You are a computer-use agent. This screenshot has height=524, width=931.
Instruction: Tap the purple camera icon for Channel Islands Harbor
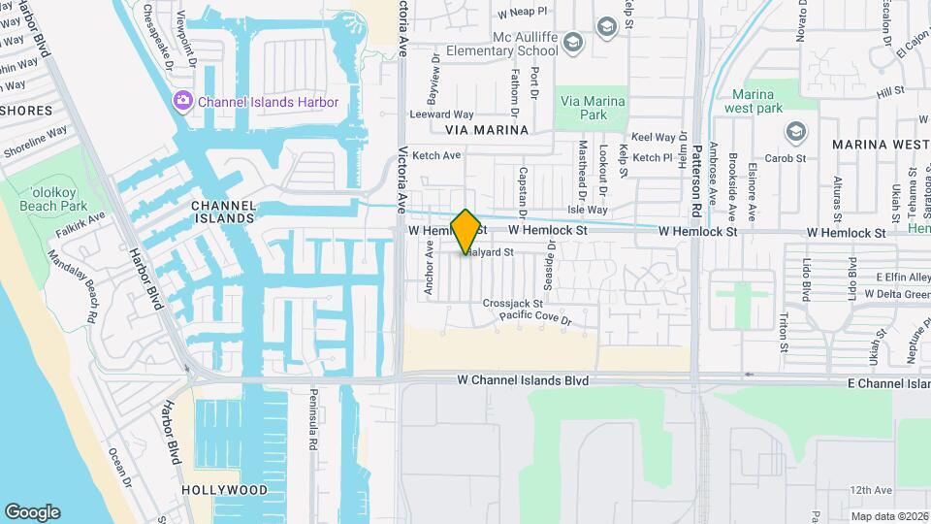coord(182,101)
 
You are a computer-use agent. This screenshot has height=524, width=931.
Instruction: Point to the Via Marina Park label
coord(591,106)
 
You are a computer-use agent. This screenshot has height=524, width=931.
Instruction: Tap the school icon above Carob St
coord(796,131)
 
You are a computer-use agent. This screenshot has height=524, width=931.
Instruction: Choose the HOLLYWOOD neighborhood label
coord(224,490)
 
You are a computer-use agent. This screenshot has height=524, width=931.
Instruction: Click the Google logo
coord(32,511)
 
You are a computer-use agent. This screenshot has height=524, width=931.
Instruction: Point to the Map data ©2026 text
coord(889,516)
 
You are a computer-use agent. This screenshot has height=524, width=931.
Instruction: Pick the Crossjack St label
coord(513,304)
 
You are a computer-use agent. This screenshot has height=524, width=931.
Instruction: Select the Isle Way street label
coord(587,210)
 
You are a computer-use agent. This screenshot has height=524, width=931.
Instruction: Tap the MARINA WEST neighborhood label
coord(880,145)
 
